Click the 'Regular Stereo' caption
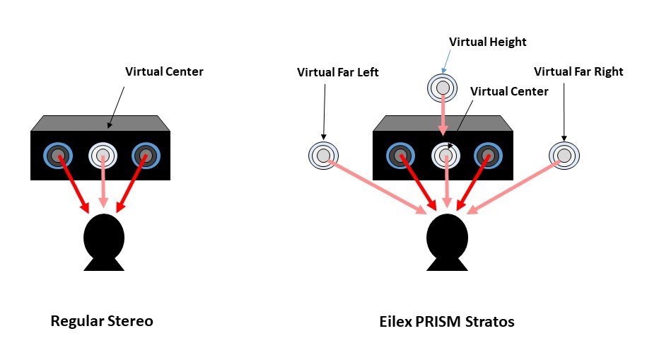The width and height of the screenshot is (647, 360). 102,321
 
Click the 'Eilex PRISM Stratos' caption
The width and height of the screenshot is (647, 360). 447,322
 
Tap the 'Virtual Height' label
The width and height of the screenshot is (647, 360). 488,42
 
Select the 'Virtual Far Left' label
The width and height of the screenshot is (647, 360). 338,71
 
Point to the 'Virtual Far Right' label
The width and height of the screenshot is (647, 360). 578,71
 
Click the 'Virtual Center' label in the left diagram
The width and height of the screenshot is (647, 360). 164,71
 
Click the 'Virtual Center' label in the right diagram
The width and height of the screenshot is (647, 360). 509,91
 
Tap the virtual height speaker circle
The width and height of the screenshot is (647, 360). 442,88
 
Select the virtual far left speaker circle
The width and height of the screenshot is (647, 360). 323,155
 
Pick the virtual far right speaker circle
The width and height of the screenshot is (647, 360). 564,155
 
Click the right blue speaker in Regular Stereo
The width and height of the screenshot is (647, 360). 146,155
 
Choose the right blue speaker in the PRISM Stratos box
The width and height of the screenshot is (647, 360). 488,155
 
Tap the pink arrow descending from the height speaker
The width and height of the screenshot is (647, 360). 443,116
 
